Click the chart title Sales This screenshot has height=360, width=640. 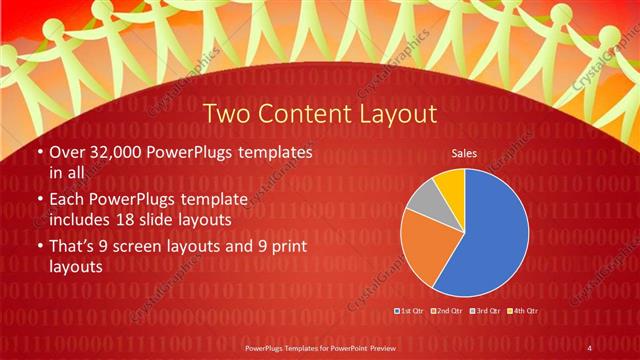pos(464,154)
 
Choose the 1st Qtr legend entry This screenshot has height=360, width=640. pos(409,312)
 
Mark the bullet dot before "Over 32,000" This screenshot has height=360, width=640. pos(39,153)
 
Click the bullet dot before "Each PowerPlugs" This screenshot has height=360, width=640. pos(39,199)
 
